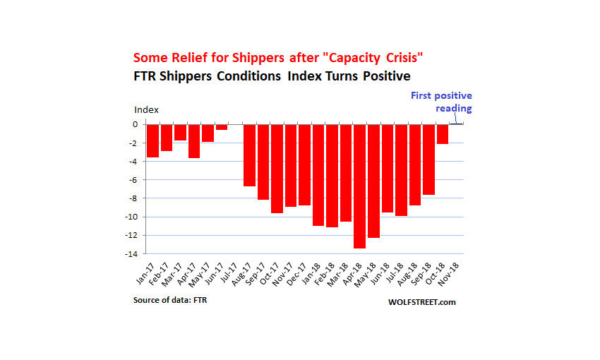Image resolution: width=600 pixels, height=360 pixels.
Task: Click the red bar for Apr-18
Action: pyautogui.click(x=360, y=186)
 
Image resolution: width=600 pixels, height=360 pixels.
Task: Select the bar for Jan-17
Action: pyautogui.click(x=152, y=140)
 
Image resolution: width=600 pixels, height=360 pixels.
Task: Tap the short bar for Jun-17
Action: pyautogui.click(x=222, y=127)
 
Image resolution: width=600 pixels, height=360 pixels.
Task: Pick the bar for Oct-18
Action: pyautogui.click(x=443, y=134)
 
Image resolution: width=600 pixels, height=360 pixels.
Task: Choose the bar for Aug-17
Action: pyautogui.click(x=249, y=155)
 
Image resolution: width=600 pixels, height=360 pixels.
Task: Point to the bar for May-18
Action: pyautogui.click(x=373, y=181)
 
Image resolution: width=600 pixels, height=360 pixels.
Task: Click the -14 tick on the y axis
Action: pyautogui.click(x=131, y=254)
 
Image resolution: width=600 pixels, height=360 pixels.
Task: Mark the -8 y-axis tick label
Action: pyautogui.click(x=133, y=198)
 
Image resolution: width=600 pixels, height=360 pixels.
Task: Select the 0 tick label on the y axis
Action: pyautogui.click(x=135, y=124)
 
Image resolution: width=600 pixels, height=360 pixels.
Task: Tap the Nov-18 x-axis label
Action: pyautogui.click(x=448, y=275)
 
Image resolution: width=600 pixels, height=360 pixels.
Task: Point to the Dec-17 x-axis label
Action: pyautogui.click(x=297, y=275)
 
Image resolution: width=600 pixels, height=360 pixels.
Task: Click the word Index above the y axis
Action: pyautogui.click(x=146, y=110)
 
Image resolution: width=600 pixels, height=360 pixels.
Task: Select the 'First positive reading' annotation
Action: pyautogui.click(x=442, y=102)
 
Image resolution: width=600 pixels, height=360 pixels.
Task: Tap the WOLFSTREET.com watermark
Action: pyautogui.click(x=421, y=302)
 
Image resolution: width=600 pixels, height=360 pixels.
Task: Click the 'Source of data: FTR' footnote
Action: pyautogui.click(x=170, y=300)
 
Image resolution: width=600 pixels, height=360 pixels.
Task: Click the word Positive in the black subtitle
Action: pyautogui.click(x=387, y=76)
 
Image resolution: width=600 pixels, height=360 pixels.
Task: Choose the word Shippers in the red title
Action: pyautogui.click(x=258, y=58)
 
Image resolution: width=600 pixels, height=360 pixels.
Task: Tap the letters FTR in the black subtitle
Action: pyautogui.click(x=145, y=76)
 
